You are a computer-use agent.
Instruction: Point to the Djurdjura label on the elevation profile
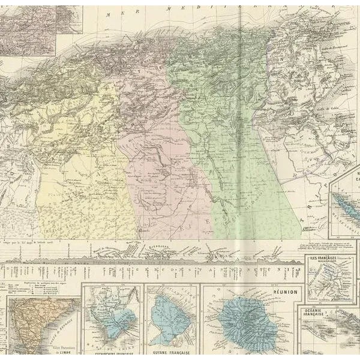(x=170, y=245)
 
